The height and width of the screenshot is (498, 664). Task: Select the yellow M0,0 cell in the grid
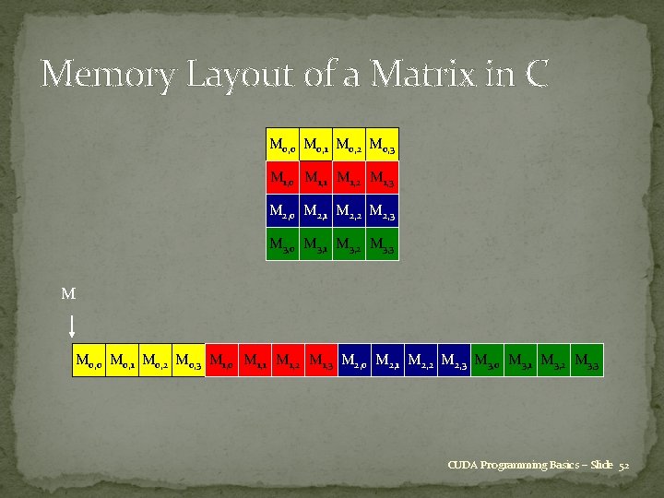[x=282, y=144]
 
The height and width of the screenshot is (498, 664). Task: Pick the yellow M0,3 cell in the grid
[x=382, y=144]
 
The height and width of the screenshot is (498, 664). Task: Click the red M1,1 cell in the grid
[x=315, y=177]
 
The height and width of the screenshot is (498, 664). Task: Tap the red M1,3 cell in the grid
[x=382, y=177]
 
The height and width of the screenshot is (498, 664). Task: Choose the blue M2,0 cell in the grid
[x=282, y=211]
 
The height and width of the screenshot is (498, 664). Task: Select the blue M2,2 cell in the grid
[x=349, y=211]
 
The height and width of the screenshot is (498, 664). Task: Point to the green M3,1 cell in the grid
[x=315, y=244]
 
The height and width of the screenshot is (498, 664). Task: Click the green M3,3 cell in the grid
[x=382, y=244]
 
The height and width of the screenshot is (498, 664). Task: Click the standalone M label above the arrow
[x=67, y=295]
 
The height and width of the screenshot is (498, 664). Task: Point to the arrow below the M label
[x=72, y=326]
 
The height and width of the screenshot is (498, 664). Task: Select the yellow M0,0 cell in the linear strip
[x=89, y=361]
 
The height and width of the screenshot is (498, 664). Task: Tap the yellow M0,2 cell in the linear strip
[x=156, y=361]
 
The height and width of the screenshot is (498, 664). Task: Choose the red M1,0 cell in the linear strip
[x=222, y=361]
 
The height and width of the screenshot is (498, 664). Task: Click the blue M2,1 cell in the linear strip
[x=388, y=361]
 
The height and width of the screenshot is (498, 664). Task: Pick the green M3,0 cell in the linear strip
[x=488, y=361]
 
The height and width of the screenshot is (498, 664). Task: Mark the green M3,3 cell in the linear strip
[x=587, y=361]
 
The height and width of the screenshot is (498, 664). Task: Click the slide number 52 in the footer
[x=623, y=466]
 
